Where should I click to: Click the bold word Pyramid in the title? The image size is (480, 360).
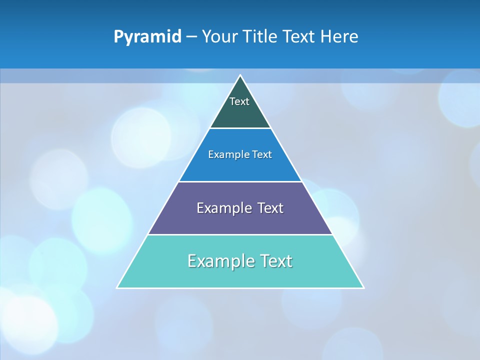[x=147, y=37]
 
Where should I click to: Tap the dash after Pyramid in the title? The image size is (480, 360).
[x=191, y=37]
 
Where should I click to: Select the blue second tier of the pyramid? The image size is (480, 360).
[x=240, y=167]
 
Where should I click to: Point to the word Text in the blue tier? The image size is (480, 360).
[x=262, y=155]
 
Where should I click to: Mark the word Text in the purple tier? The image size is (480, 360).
[x=270, y=208]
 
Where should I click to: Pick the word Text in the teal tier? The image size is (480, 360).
[x=276, y=261]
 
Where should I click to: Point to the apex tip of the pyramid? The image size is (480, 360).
[x=240, y=75]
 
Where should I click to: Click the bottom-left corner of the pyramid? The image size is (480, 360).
[x=117, y=287]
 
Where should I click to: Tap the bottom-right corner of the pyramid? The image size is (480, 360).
[x=363, y=287]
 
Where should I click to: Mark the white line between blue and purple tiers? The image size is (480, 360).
[x=240, y=181]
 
